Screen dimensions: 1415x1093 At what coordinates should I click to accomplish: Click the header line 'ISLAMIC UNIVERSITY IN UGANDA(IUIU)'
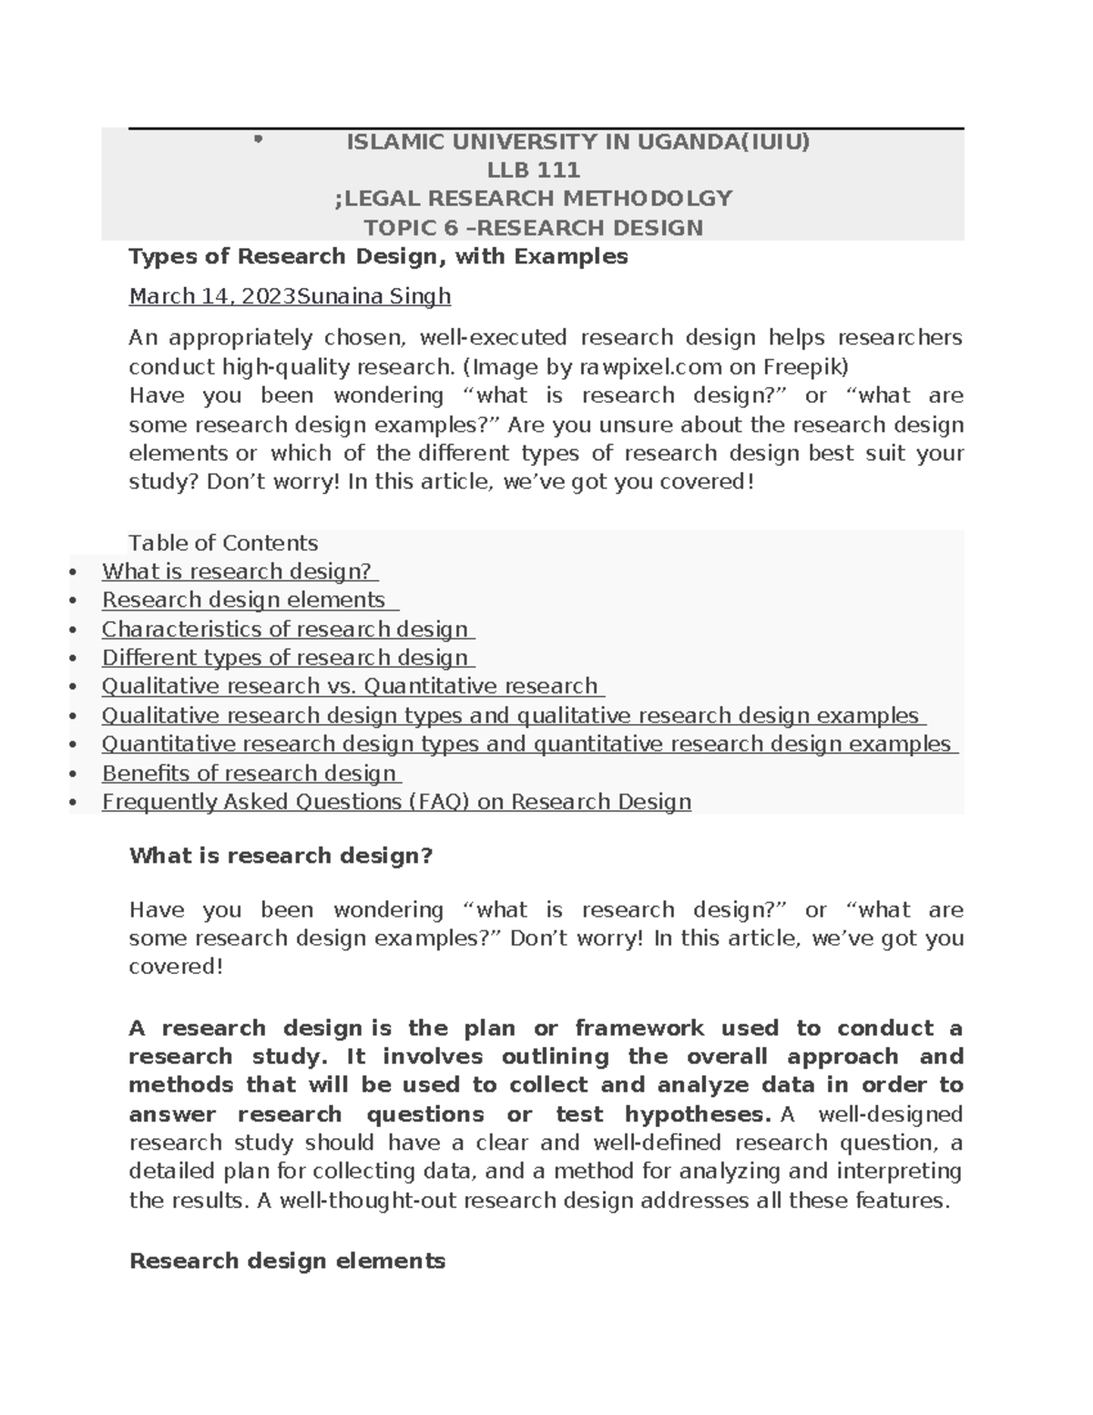tap(577, 142)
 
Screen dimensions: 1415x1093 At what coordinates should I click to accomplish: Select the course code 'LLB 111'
tap(534, 170)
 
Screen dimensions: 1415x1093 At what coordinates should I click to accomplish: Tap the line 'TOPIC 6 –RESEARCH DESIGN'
tap(533, 228)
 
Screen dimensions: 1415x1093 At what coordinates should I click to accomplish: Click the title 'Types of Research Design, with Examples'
tap(378, 257)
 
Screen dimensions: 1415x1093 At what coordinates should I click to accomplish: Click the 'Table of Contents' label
tap(223, 544)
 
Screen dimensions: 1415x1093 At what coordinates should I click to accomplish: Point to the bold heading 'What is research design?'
tap(281, 856)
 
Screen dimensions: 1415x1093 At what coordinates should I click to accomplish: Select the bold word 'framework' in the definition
tap(639, 1029)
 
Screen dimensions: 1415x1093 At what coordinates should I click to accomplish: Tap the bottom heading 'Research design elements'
tap(287, 1261)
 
